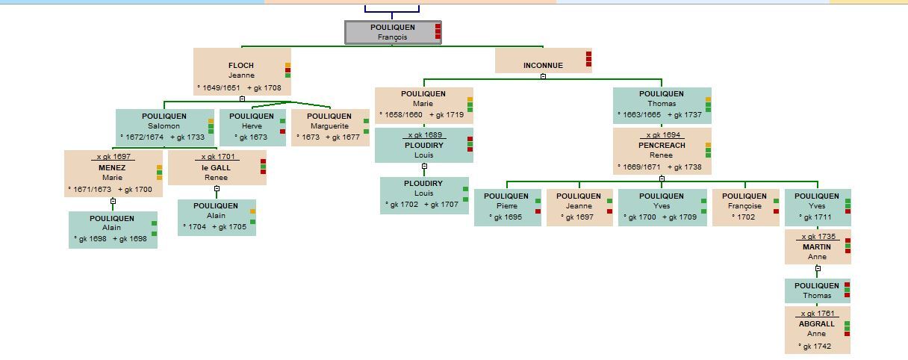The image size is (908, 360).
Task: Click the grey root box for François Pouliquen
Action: tap(393, 32)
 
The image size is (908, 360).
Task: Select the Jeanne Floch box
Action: tap(241, 72)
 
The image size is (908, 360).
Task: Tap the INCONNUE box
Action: tap(543, 61)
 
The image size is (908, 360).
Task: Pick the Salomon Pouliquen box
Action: tap(164, 126)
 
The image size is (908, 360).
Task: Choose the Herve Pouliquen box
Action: tap(252, 127)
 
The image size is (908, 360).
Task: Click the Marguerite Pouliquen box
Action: tap(329, 127)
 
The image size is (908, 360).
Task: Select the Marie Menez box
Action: tap(112, 173)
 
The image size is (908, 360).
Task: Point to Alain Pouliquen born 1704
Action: tap(216, 217)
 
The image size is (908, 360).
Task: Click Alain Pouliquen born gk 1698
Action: tap(112, 229)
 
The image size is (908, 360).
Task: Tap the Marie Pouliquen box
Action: tap(423, 105)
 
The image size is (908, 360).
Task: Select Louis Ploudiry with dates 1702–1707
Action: tap(423, 194)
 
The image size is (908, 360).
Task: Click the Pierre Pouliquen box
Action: tap(506, 207)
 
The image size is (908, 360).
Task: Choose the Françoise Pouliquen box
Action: tap(745, 207)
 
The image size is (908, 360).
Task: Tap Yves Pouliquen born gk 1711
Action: tap(817, 207)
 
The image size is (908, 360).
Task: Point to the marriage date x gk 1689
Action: tap(424, 135)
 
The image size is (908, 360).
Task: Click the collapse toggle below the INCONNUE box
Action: tap(543, 76)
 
